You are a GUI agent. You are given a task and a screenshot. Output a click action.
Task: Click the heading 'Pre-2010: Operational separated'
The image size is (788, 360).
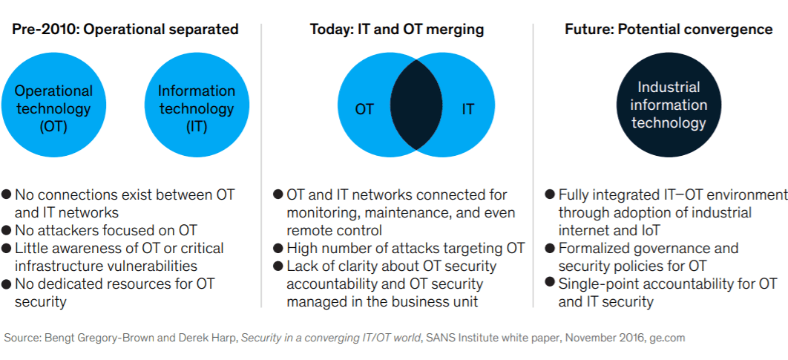[125, 30]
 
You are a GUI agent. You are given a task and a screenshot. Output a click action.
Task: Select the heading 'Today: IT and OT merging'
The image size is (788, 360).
[397, 30]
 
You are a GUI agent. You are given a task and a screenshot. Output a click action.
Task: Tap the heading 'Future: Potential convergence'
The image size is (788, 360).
[669, 30]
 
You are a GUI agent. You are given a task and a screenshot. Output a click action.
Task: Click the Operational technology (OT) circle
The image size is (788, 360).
[53, 108]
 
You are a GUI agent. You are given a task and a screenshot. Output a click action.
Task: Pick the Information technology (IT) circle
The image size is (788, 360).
[197, 108]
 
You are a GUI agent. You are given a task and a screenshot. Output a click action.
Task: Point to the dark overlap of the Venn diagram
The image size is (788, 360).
[416, 108]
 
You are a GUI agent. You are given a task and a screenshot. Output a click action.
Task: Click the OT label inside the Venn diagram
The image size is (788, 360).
[364, 109]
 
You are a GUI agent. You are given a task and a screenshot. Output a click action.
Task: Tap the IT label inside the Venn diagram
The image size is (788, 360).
[468, 109]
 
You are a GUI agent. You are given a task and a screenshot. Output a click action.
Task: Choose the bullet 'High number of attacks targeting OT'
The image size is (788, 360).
[406, 248]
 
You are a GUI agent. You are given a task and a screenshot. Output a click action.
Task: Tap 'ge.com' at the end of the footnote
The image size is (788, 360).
[666, 338]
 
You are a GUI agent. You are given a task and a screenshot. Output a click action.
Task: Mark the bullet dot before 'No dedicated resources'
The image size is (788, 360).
[7, 284]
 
